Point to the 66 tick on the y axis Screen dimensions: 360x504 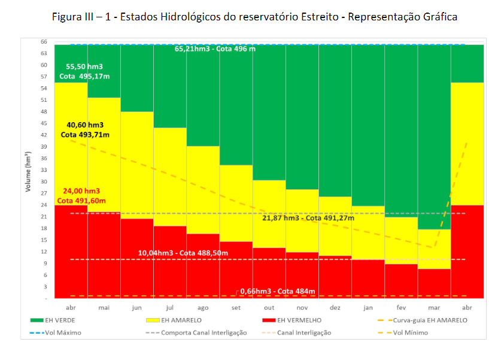(44, 42)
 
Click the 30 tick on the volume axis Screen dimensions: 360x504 (44, 181)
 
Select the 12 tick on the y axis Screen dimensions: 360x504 (44, 251)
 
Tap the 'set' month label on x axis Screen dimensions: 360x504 (236, 307)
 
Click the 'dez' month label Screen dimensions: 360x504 (335, 307)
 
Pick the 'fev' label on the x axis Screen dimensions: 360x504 (401, 307)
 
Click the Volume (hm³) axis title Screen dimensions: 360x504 (28, 172)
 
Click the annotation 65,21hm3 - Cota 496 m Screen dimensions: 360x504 (215, 49)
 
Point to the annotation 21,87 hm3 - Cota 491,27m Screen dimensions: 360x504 (308, 218)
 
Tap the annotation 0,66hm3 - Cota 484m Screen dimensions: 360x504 (277, 292)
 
